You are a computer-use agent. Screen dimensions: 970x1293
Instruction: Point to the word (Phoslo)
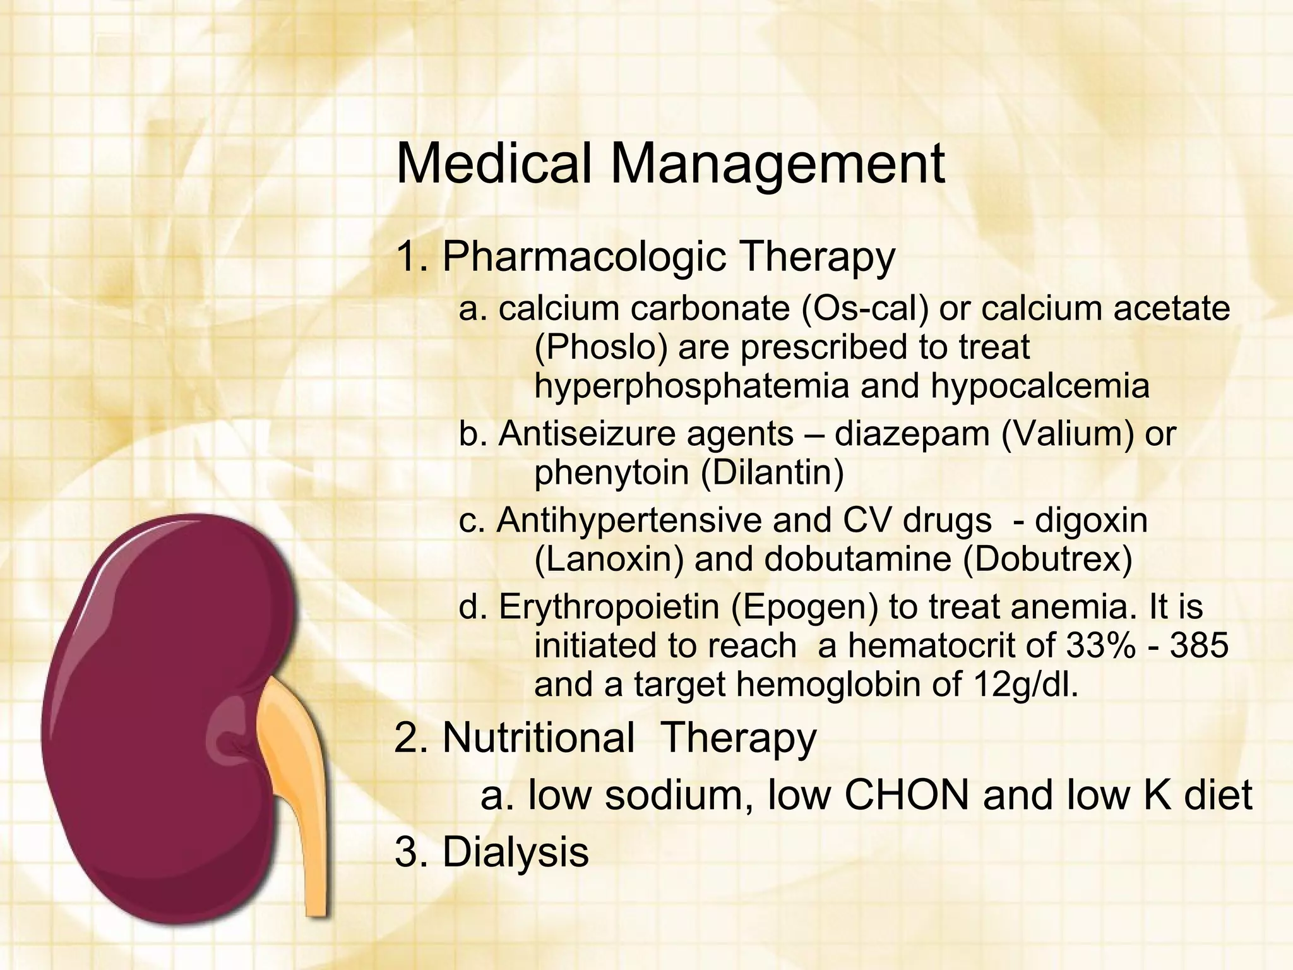point(600,348)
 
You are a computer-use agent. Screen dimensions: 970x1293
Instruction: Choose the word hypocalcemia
point(1040,386)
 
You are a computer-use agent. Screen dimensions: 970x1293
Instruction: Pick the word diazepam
point(912,434)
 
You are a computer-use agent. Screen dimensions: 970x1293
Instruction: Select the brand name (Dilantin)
point(772,473)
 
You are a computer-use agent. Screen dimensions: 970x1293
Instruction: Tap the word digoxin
point(1091,520)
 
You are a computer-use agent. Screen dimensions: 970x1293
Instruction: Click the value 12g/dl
point(1023,685)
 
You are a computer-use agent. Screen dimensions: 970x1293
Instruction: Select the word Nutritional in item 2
point(539,737)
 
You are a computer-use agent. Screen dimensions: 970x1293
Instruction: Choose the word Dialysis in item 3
point(515,852)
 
